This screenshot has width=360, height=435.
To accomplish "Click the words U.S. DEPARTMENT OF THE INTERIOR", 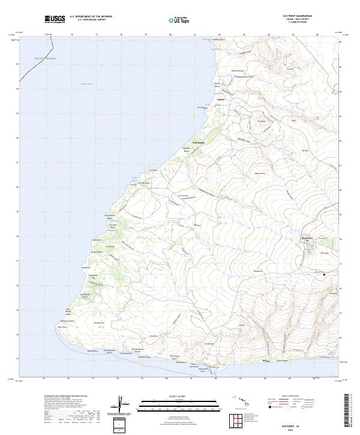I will click(91, 17).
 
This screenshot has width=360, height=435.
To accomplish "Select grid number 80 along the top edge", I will click(170, 34).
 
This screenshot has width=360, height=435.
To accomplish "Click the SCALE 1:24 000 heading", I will click(172, 395).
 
